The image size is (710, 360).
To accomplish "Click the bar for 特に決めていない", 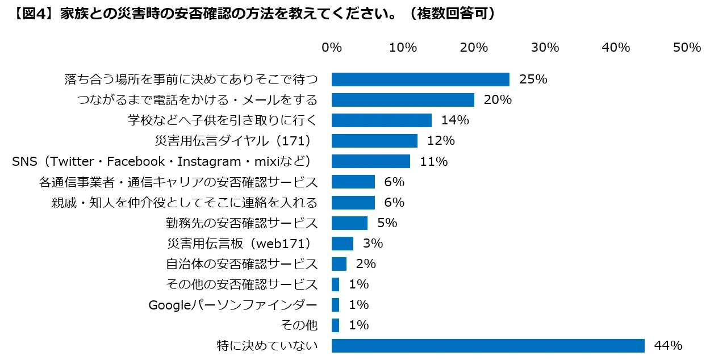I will (x=488, y=345).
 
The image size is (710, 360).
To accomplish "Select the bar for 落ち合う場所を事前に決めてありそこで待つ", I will (x=420, y=79).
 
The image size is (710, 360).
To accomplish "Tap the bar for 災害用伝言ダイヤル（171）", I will (x=374, y=141).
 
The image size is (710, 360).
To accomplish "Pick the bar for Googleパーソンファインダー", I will (x=335, y=304).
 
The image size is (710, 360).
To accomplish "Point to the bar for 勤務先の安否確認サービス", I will (x=349, y=223).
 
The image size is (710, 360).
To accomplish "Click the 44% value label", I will (x=668, y=345).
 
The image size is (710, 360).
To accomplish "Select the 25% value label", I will (x=533, y=79).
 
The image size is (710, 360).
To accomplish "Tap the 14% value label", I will (x=455, y=120).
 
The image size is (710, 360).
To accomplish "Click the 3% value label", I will (x=373, y=243).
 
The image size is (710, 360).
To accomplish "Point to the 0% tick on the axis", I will (x=332, y=48).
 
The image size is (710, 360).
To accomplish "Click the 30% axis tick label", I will (x=545, y=48).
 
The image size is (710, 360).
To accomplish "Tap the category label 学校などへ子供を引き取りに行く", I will (x=222, y=120).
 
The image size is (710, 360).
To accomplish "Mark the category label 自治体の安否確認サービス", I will (x=242, y=263).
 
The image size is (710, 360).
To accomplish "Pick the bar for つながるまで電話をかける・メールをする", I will (x=403, y=100).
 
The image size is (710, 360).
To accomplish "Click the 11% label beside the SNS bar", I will (x=434, y=161).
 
